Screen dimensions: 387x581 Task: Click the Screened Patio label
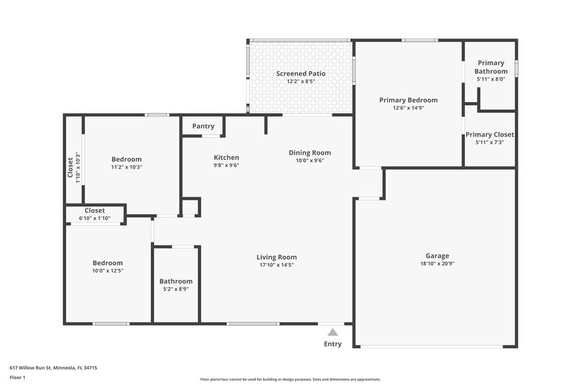point(301,74)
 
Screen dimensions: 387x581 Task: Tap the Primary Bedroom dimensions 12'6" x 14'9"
point(408,108)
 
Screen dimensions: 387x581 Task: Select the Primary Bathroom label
point(489,68)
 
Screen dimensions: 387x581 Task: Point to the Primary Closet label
point(489,134)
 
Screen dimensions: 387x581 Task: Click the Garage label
point(437,256)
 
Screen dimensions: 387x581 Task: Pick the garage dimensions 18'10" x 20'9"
point(437,264)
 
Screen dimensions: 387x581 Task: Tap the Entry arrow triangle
point(333,332)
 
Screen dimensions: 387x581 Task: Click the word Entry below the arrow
point(333,344)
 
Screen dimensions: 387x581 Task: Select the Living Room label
point(277,257)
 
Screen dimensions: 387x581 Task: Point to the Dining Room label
point(309,152)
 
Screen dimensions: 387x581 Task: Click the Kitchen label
point(226,158)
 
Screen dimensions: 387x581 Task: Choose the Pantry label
point(203,126)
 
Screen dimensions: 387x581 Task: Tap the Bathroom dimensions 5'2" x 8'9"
point(176,290)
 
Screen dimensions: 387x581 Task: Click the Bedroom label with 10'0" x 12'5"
point(107,263)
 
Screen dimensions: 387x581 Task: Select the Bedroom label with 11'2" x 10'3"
point(126,159)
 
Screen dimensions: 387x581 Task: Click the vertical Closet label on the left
point(70,168)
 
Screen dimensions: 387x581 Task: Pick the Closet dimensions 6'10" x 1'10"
point(94,219)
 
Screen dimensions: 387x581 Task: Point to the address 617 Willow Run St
point(53,368)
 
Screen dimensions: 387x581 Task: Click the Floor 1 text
point(17,378)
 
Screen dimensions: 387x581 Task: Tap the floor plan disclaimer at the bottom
point(290,379)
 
